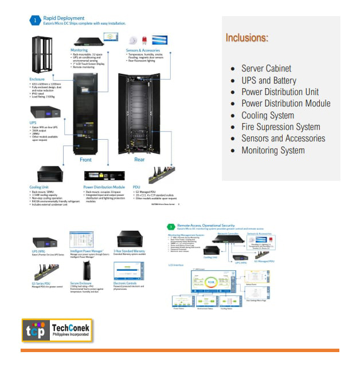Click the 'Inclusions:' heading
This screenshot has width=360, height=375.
click(x=246, y=38)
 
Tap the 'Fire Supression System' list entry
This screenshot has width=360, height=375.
click(x=280, y=127)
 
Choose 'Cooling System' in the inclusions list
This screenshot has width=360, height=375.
click(x=268, y=115)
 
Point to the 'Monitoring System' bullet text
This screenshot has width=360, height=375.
click(x=273, y=150)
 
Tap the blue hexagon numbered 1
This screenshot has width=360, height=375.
click(x=34, y=21)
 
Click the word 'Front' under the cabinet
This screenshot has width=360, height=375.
click(x=85, y=160)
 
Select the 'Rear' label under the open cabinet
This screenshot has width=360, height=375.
click(x=139, y=160)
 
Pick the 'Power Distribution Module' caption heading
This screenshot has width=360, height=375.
click(x=104, y=187)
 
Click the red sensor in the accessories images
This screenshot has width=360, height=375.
click(x=144, y=41)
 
